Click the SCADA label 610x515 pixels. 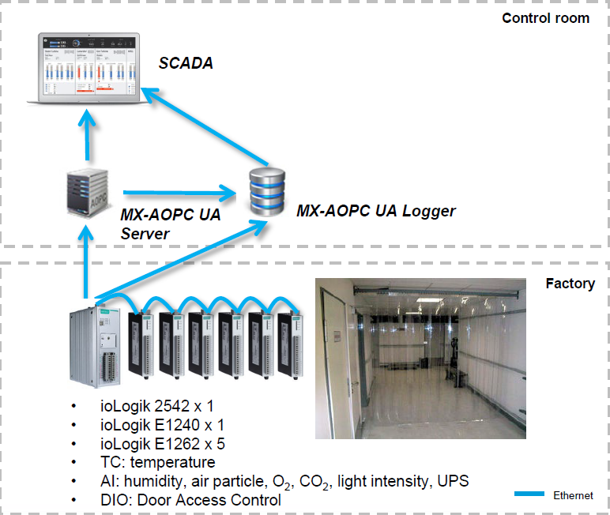click(186, 63)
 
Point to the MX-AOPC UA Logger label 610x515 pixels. click(376, 211)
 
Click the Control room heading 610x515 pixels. click(545, 17)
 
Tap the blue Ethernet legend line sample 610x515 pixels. click(529, 494)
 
